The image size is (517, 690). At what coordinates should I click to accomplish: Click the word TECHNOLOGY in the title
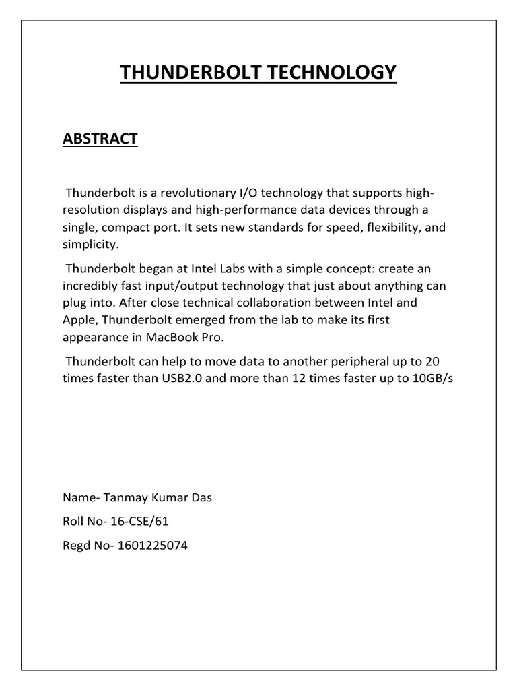click(330, 73)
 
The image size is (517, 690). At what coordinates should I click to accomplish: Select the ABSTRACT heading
click(100, 139)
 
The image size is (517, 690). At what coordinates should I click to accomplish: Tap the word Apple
click(79, 320)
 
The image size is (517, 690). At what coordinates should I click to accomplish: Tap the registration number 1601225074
click(153, 546)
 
